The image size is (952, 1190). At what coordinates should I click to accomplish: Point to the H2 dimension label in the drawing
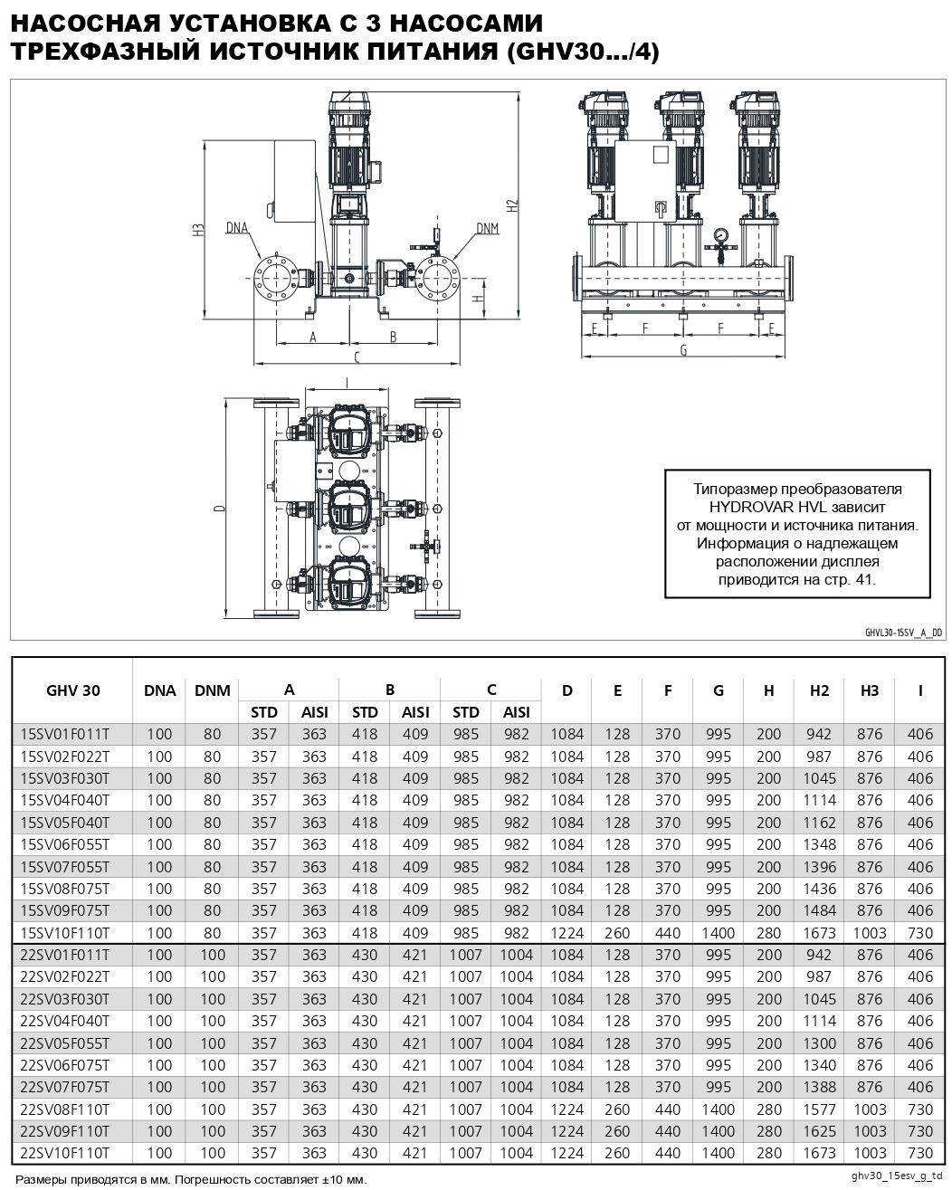tap(512, 205)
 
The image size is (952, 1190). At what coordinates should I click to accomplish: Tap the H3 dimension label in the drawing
tap(198, 230)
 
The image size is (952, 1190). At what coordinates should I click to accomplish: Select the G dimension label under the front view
tap(683, 349)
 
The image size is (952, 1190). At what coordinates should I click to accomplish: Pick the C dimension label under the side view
tap(357, 357)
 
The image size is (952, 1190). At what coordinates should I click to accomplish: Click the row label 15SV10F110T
tap(64, 933)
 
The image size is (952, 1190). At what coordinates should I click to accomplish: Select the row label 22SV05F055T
tap(64, 1043)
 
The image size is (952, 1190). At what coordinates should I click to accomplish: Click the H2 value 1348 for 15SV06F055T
tap(819, 844)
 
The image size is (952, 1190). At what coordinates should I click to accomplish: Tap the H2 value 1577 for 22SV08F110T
tap(819, 1109)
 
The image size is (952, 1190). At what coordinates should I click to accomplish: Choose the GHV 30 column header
tap(72, 690)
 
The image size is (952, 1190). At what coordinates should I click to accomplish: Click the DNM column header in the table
tap(212, 690)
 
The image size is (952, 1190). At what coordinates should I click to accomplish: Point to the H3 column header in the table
tap(869, 690)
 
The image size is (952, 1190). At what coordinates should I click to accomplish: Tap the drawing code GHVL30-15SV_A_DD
tap(903, 633)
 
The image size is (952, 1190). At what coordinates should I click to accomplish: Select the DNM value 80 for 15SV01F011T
tap(212, 734)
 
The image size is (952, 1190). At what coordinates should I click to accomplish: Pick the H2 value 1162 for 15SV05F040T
tap(819, 823)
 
